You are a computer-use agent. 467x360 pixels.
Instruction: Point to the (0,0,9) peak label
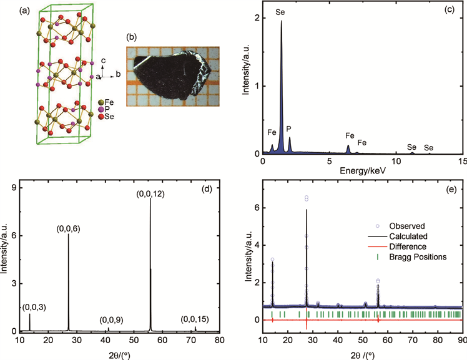107,320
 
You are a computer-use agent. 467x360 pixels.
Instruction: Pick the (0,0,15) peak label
194,319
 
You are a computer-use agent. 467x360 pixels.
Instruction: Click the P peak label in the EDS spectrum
288,129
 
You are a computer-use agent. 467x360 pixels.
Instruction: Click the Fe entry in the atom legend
109,102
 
